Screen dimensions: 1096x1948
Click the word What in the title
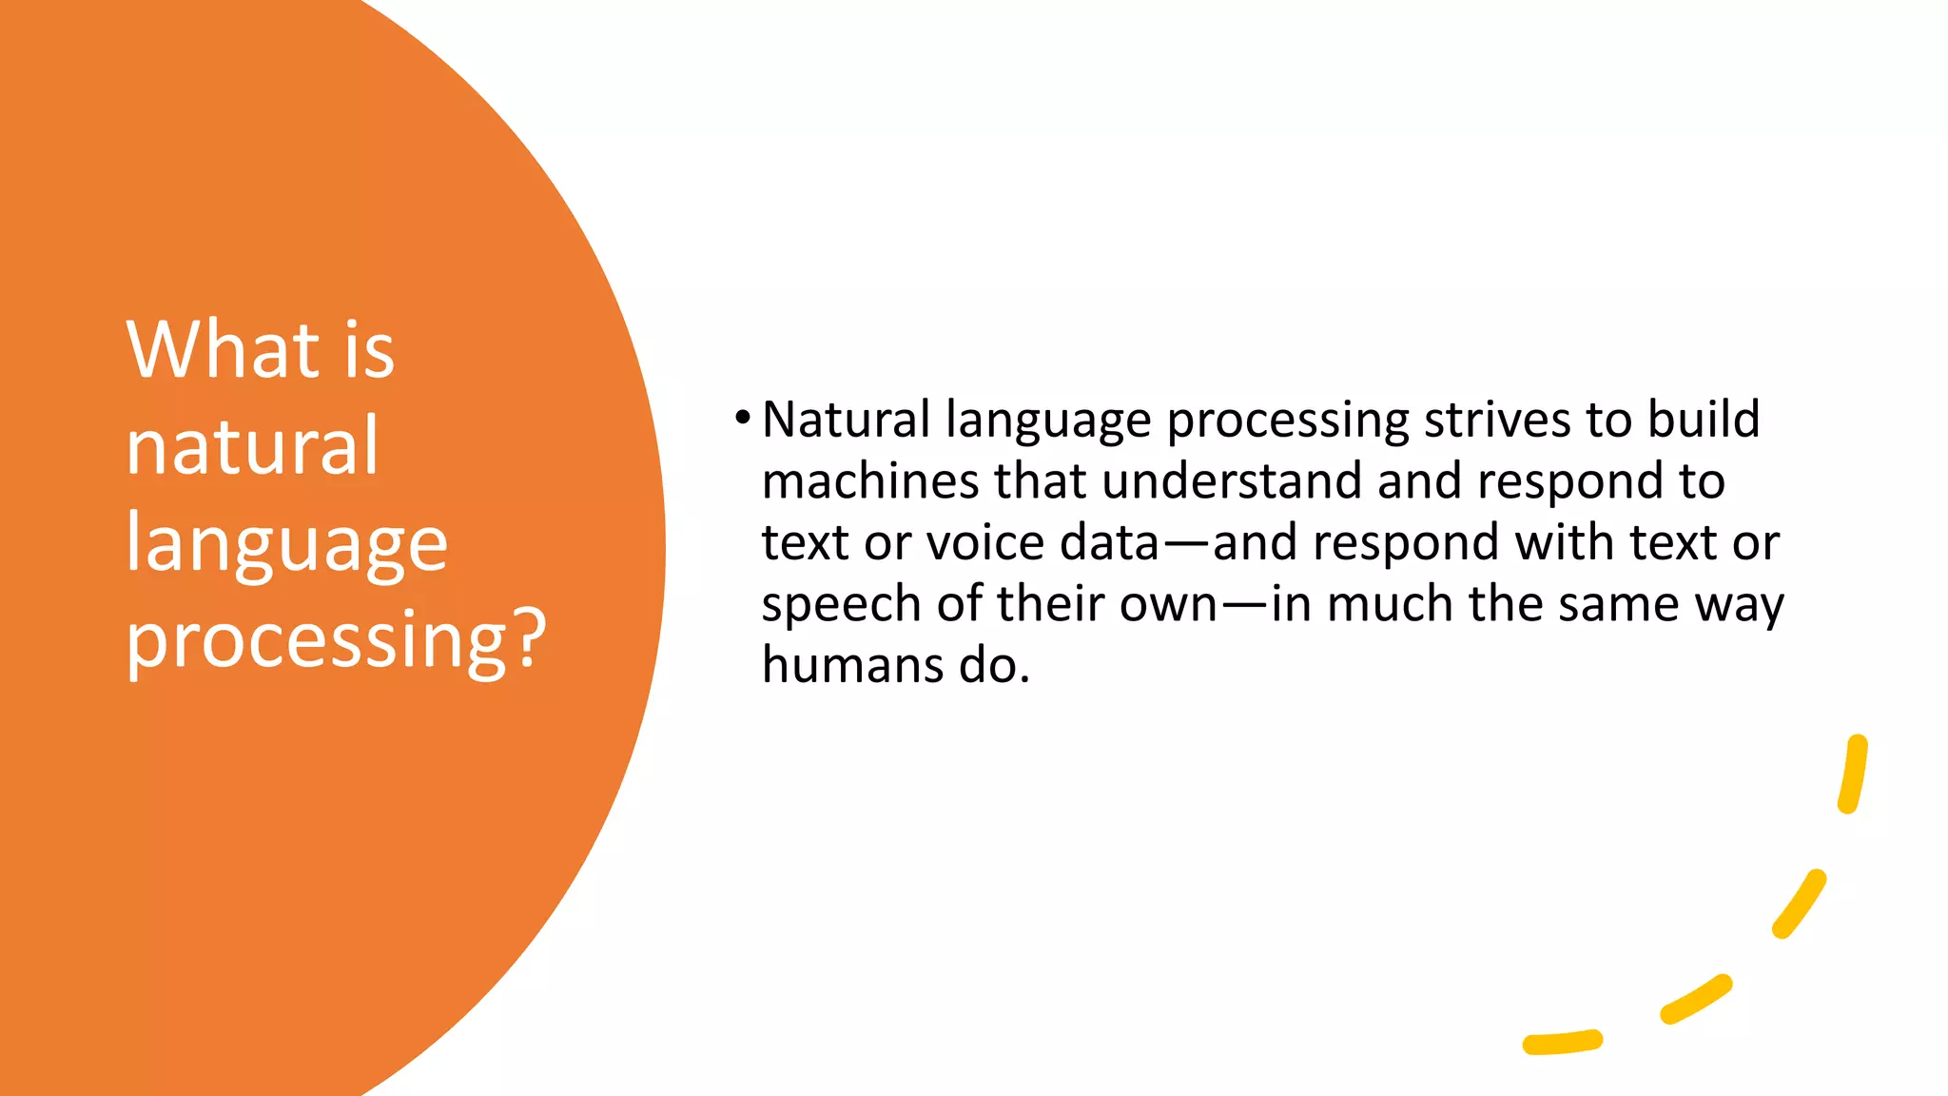pyautogui.click(x=224, y=350)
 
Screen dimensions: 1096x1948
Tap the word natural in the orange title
pyautogui.click(x=253, y=446)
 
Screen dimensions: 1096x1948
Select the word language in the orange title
pyautogui.click(x=286, y=544)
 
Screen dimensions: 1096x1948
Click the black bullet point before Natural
pyautogui.click(x=743, y=417)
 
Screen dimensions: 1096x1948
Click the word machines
pyautogui.click(x=870, y=480)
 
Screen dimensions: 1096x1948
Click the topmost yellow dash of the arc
pyautogui.click(x=1853, y=774)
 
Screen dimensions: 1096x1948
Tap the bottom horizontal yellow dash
pyautogui.click(x=1563, y=1043)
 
